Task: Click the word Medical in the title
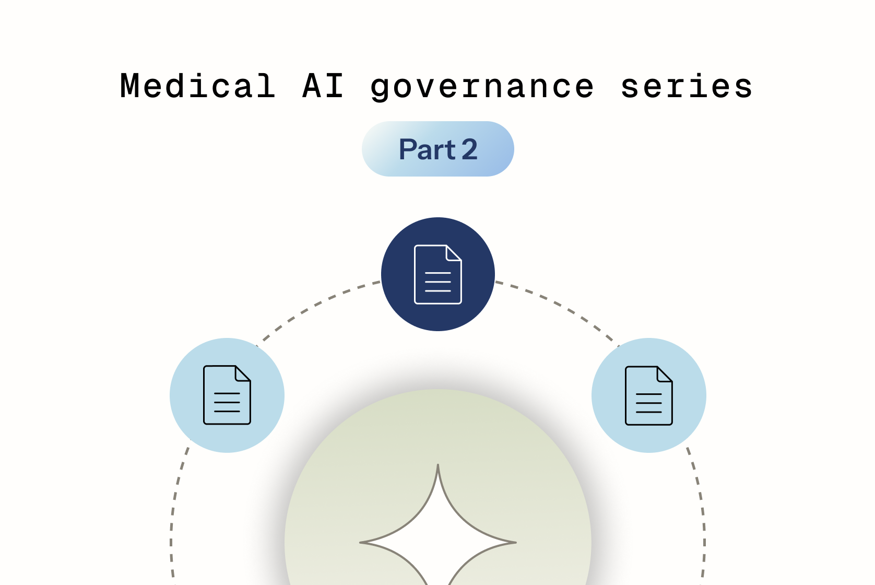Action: click(x=197, y=86)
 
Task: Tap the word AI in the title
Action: click(x=323, y=86)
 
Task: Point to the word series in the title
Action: click(x=686, y=86)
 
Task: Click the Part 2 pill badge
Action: click(x=437, y=149)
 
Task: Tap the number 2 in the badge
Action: click(x=469, y=149)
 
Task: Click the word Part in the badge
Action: click(x=427, y=149)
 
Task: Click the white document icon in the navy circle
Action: click(x=437, y=274)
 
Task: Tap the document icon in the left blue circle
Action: click(x=227, y=395)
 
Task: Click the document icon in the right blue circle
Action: click(x=649, y=395)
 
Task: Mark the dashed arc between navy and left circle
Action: click(x=318, y=303)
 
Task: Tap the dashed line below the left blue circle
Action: click(x=174, y=501)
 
